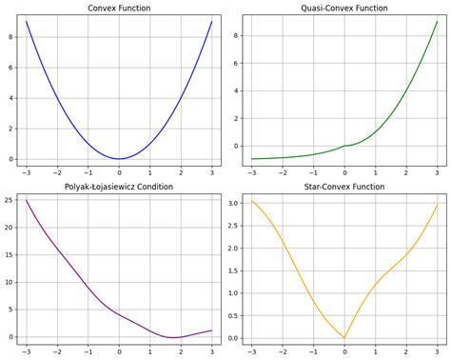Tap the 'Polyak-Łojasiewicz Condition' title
[x=119, y=187]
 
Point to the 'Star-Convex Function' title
[x=343, y=187]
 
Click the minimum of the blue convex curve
[x=119, y=159]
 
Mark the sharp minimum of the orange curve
[x=343, y=338]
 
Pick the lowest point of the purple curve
[x=173, y=338]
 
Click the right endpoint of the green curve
[x=437, y=21]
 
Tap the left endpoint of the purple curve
[x=27, y=200]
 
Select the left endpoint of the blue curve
[x=27, y=21]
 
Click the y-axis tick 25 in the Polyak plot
[x=9, y=200]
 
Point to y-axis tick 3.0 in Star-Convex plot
[x=231, y=203]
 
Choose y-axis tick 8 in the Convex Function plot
[x=11, y=36]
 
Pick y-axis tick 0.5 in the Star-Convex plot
[x=231, y=316]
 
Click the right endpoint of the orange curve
[x=437, y=205]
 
